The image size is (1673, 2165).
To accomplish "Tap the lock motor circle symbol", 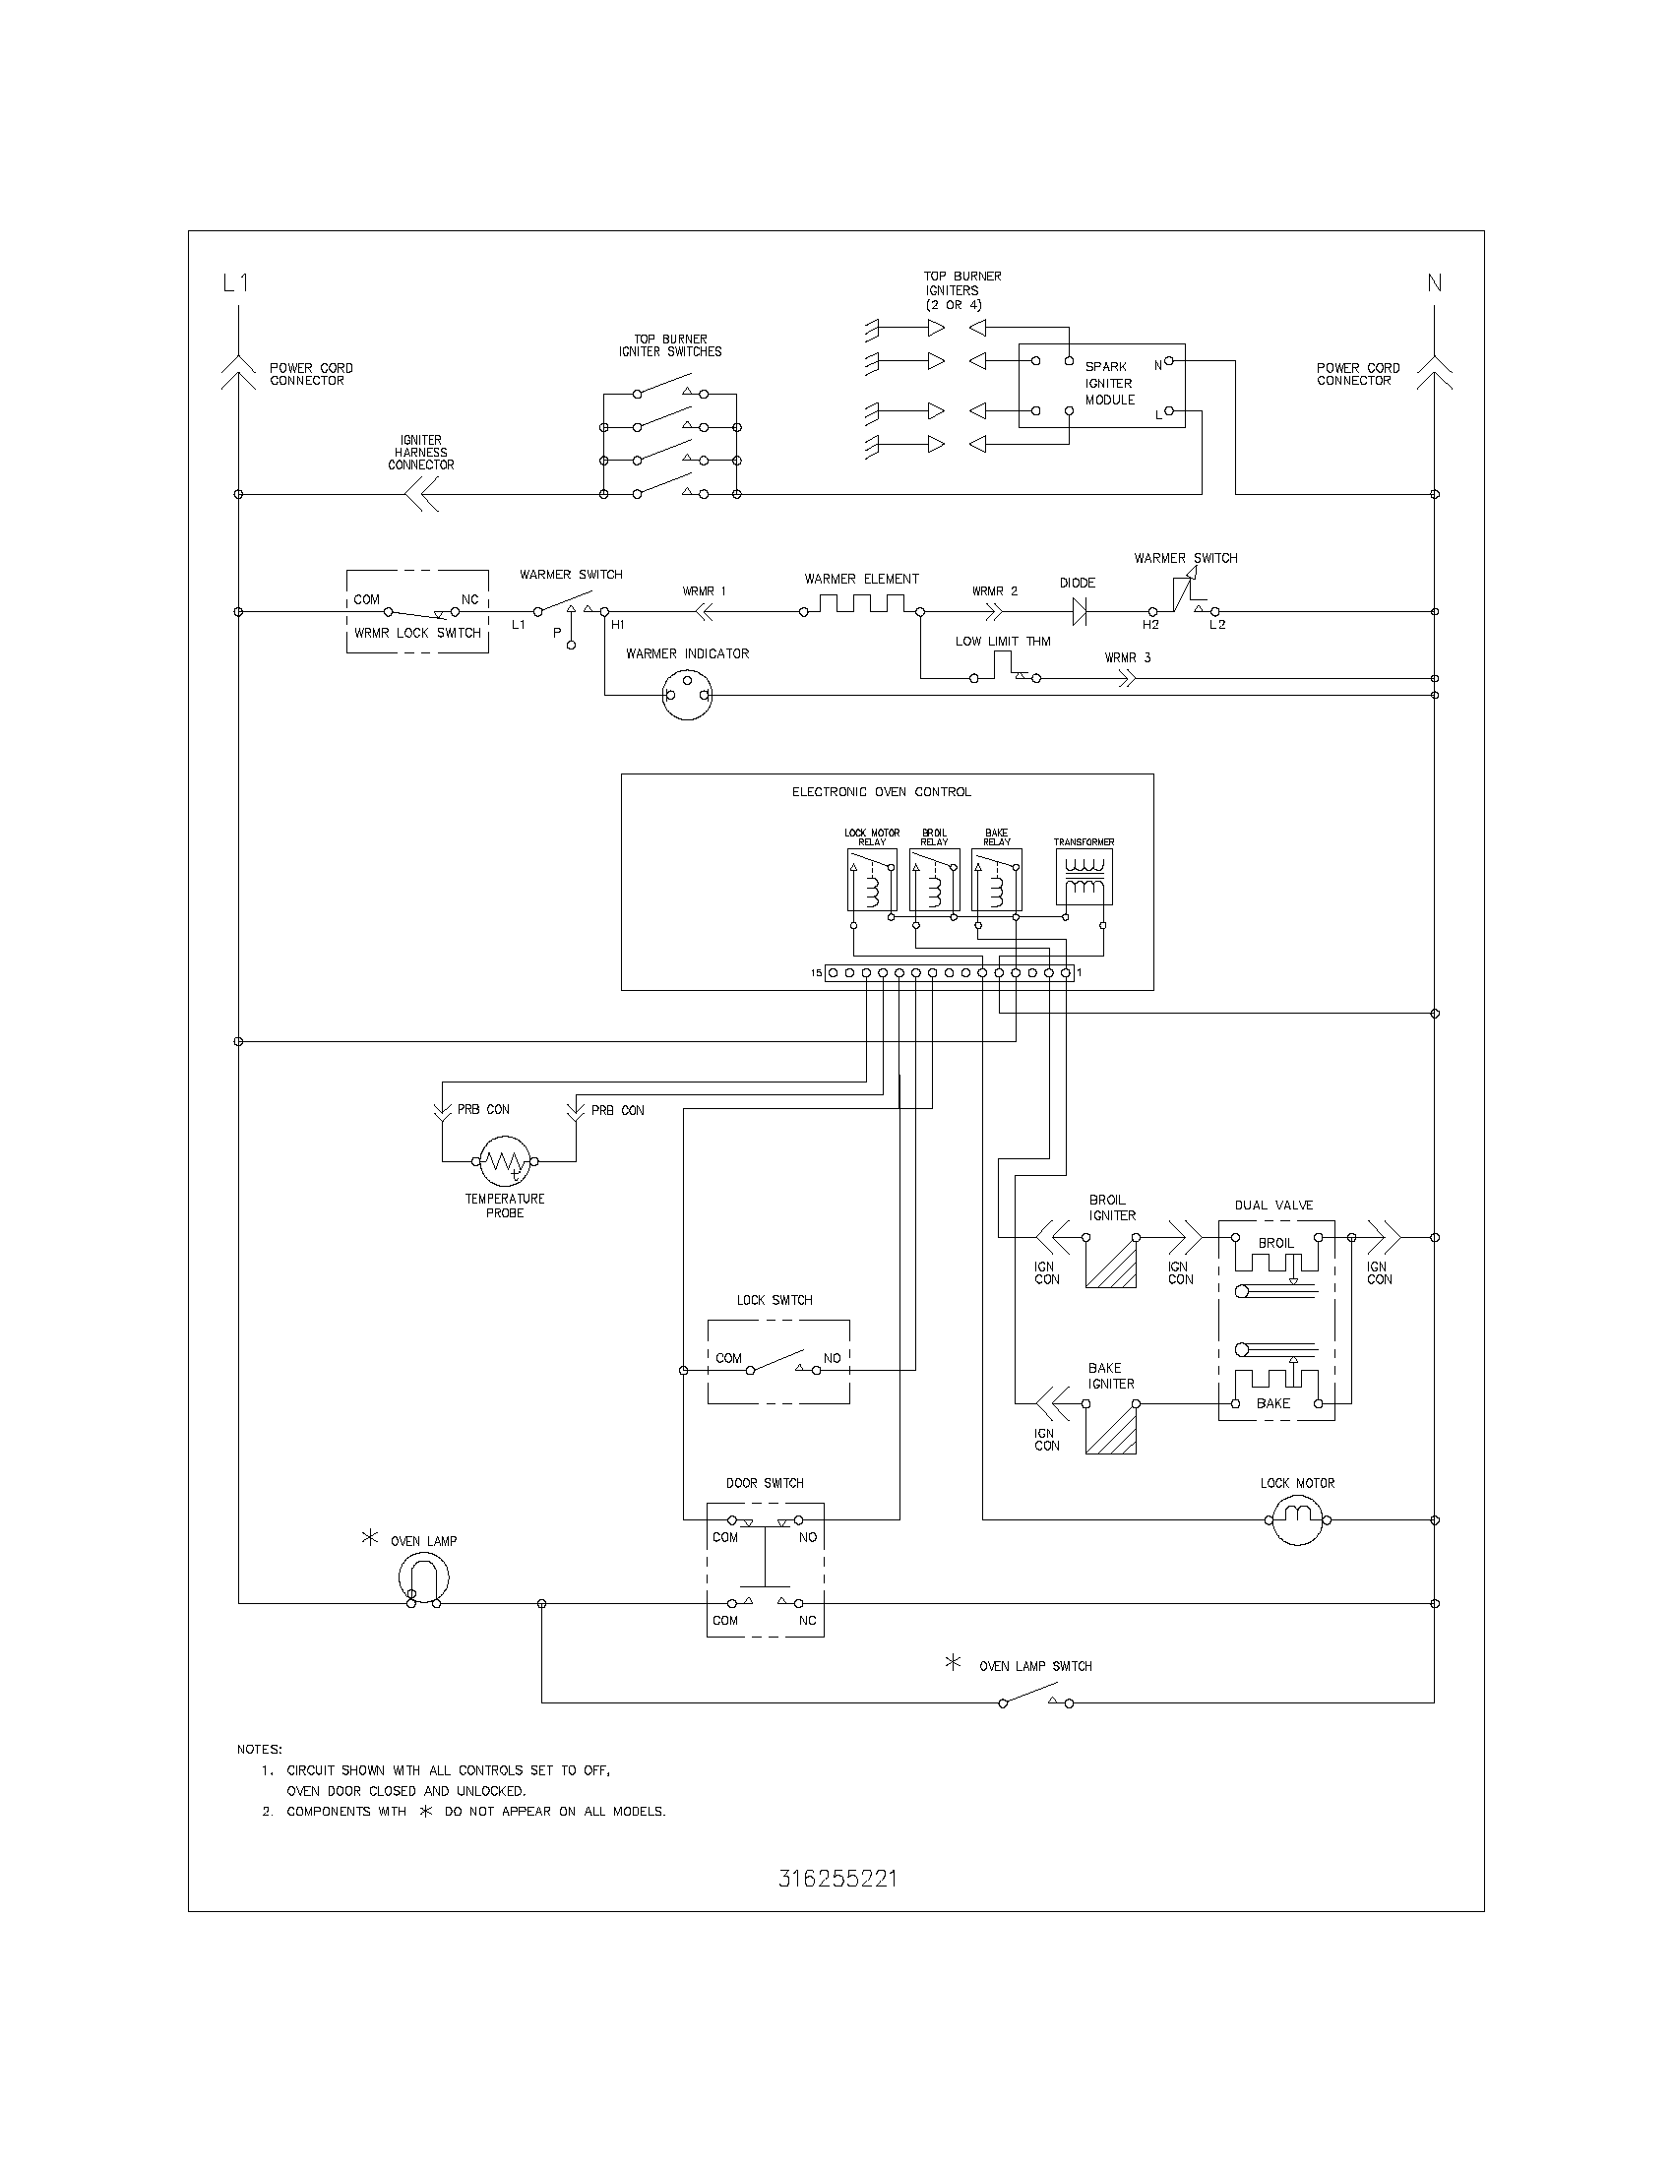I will click(x=1298, y=1518).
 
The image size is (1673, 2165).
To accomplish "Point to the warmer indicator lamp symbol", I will click(x=687, y=695).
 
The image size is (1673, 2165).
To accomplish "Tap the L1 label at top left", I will click(x=236, y=283).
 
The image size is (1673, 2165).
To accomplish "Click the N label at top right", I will click(x=1434, y=283).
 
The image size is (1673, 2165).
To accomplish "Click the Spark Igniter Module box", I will click(x=1102, y=386).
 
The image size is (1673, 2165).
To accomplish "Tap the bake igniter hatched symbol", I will click(x=1111, y=1430).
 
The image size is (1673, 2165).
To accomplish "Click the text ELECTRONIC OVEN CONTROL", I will click(x=881, y=792).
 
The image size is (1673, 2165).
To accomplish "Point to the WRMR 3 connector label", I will click(x=1128, y=658).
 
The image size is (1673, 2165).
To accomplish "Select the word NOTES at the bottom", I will click(x=260, y=1749).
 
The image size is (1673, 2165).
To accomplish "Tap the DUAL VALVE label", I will click(x=1273, y=1206).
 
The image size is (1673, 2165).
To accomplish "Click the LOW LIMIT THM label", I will click(x=1003, y=642).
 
